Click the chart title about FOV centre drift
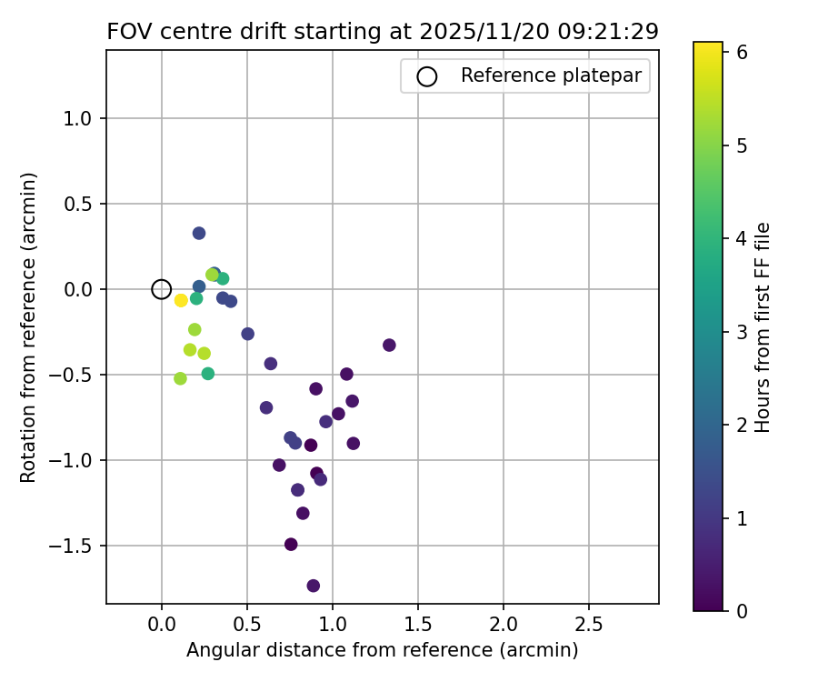coord(383,31)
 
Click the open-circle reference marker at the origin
coord(161,289)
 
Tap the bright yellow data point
coord(181,300)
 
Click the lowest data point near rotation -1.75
coord(313,586)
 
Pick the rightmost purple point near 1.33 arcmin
coord(389,345)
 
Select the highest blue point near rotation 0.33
coord(199,233)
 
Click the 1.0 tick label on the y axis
coord(83,118)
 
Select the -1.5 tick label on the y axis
coord(77,546)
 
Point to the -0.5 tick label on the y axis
coord(77,375)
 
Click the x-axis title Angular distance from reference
coord(382,650)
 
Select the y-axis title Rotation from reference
coord(29,326)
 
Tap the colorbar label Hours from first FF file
coord(763,326)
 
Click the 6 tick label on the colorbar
coord(742,53)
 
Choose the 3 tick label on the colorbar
coord(742,332)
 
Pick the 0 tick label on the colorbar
coord(742,610)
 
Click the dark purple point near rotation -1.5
coord(291,544)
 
